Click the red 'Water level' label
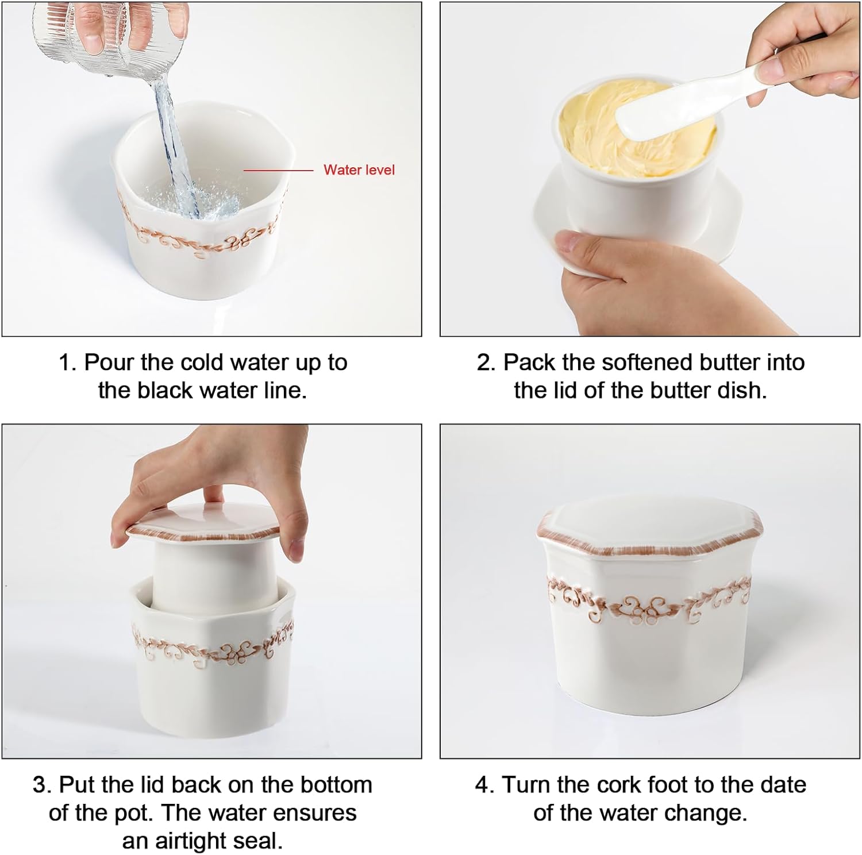(x=359, y=170)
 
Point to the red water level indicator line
(x=278, y=170)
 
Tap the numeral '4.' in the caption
(x=486, y=785)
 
